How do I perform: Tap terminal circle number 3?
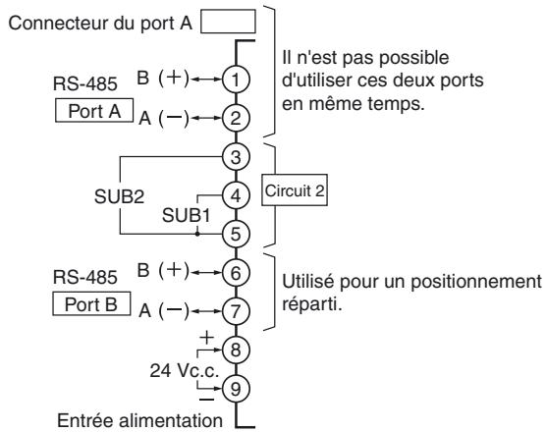pos(236,155)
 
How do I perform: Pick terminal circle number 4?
pos(236,194)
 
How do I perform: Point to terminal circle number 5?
pos(236,234)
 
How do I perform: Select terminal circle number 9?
pos(236,386)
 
